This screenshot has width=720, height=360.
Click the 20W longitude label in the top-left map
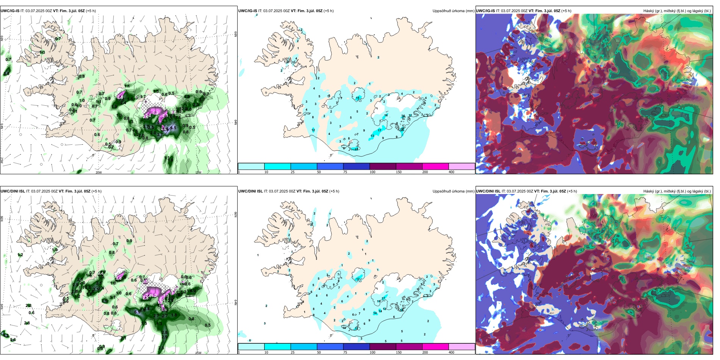point(99,172)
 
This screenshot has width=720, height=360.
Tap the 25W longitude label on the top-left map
point(2,161)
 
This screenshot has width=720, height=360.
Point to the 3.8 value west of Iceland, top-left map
point(6,74)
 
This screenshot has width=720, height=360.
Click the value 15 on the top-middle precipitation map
point(358,98)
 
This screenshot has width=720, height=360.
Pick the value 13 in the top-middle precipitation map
point(372,136)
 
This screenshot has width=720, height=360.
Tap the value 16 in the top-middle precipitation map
point(386,115)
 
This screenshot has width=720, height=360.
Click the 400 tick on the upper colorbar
point(451,172)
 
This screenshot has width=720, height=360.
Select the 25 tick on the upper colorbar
point(293,172)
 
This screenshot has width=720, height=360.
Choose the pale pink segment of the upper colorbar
point(462,166)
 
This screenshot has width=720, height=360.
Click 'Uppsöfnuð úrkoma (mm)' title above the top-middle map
point(453,11)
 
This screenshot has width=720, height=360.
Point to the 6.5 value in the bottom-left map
point(138,312)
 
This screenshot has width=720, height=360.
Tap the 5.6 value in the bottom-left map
point(13,340)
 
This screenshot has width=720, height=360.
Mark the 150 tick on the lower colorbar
point(399,352)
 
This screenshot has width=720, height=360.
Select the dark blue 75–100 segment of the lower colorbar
point(356,347)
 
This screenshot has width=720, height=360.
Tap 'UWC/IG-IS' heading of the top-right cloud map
point(485,11)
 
